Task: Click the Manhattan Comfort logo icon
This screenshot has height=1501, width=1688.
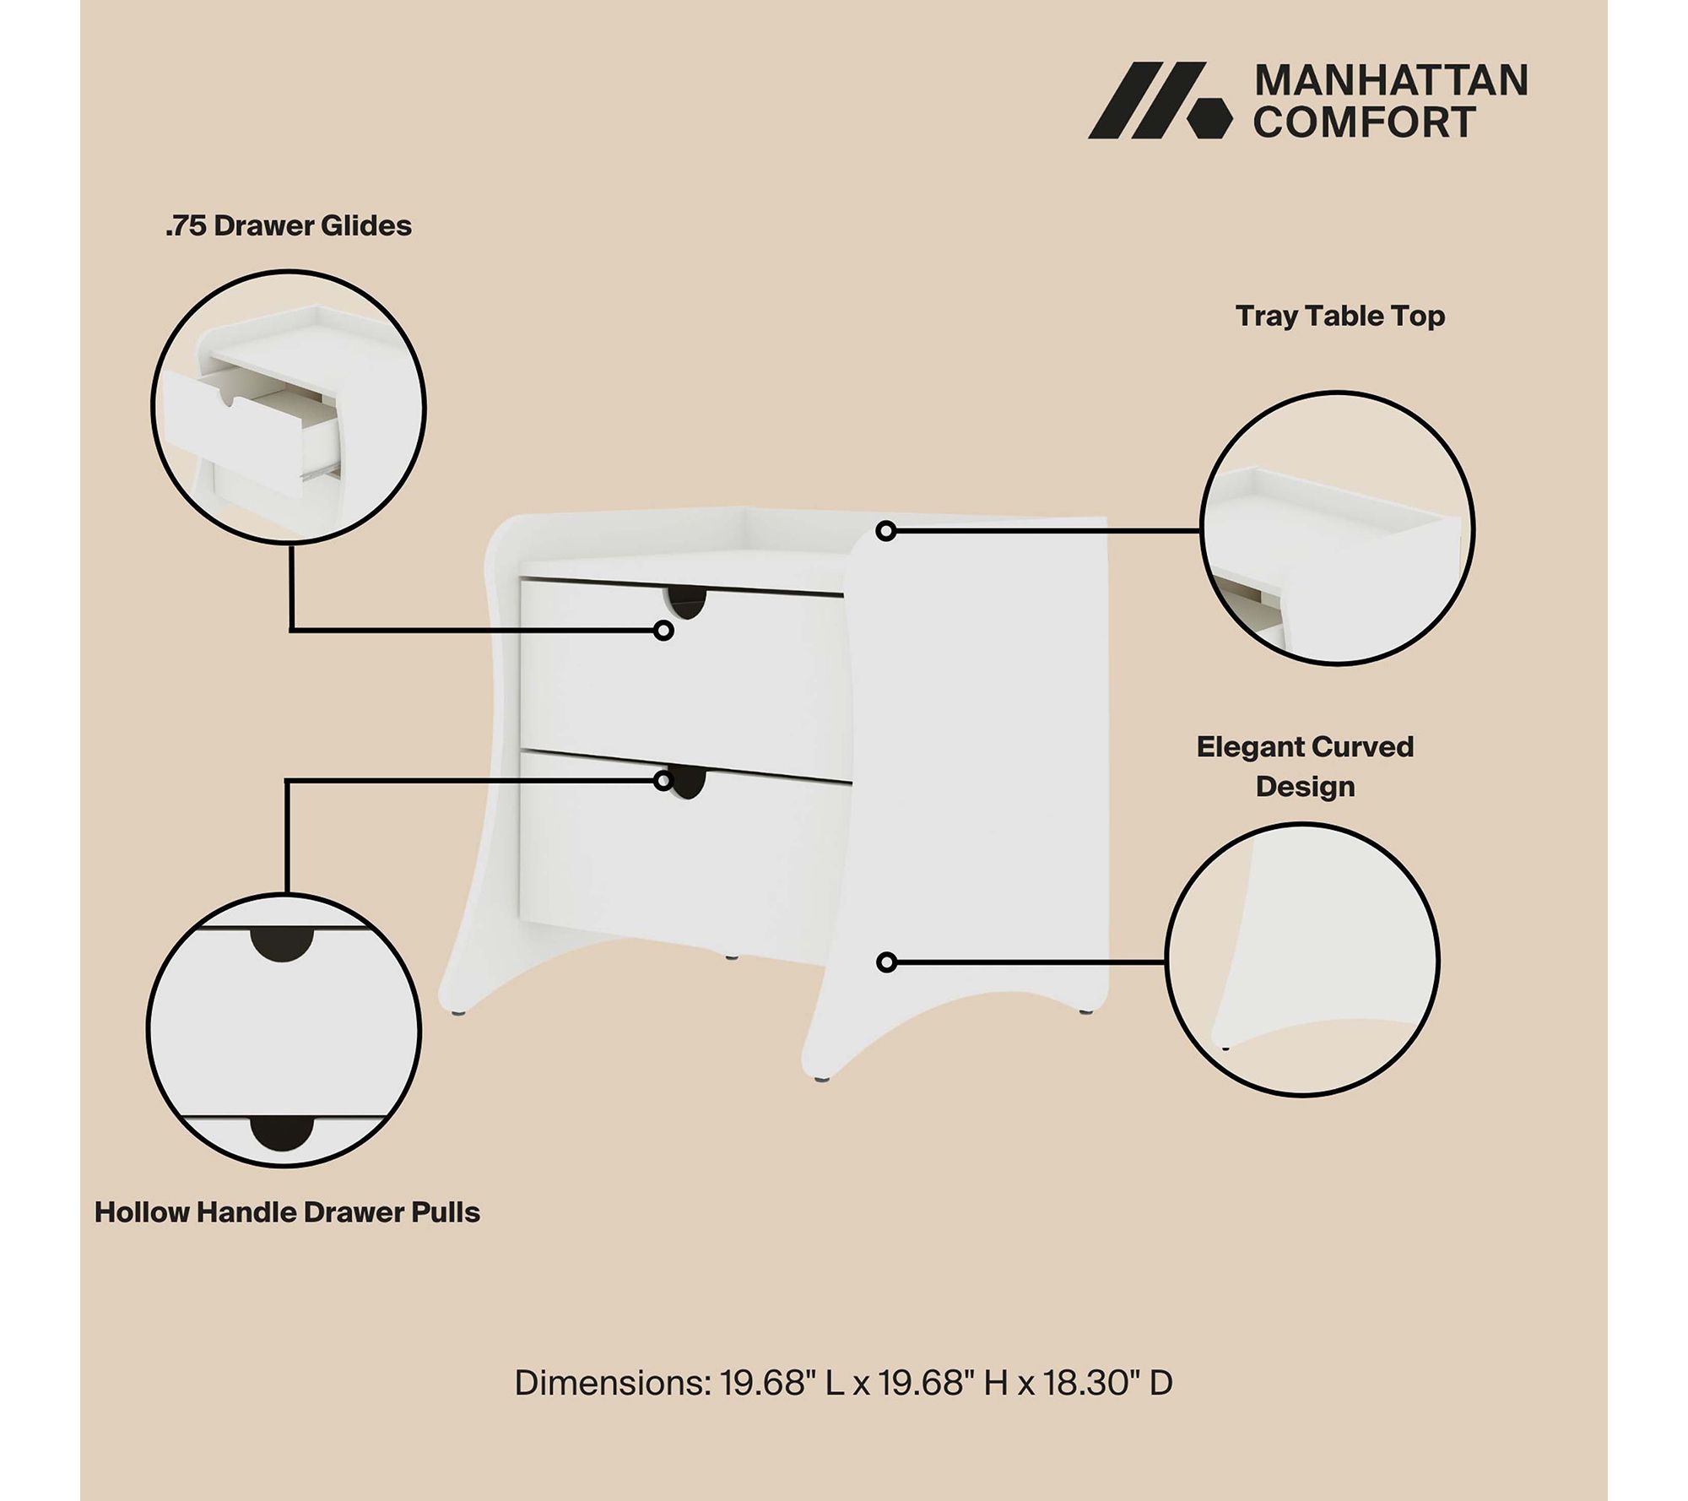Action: click(x=1159, y=100)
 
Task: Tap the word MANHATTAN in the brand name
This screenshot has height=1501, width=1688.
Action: click(x=1391, y=81)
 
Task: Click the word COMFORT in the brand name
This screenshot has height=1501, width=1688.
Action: click(x=1364, y=122)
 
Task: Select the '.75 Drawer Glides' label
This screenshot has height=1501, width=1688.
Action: click(x=288, y=226)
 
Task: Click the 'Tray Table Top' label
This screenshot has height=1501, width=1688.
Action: click(x=1340, y=316)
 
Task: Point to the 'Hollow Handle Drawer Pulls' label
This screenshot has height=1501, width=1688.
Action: click(x=287, y=1212)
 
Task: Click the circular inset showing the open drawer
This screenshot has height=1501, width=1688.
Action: click(x=289, y=408)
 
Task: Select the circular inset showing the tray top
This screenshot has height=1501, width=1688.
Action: click(x=1337, y=528)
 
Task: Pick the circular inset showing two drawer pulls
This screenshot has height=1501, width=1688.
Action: click(x=284, y=1031)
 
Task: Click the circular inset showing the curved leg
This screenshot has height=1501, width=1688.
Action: click(x=1302, y=960)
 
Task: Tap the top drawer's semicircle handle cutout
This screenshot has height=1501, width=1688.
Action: click(x=686, y=602)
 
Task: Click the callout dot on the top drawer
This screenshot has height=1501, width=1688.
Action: click(x=663, y=631)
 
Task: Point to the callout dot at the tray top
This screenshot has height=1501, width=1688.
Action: click(x=885, y=531)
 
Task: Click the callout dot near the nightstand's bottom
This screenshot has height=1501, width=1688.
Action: click(x=886, y=962)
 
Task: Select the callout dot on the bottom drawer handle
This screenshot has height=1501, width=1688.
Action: click(x=663, y=781)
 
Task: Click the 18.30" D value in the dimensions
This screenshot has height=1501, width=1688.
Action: click(x=1108, y=1383)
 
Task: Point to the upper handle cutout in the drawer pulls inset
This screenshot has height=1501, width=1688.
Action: click(x=281, y=943)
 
